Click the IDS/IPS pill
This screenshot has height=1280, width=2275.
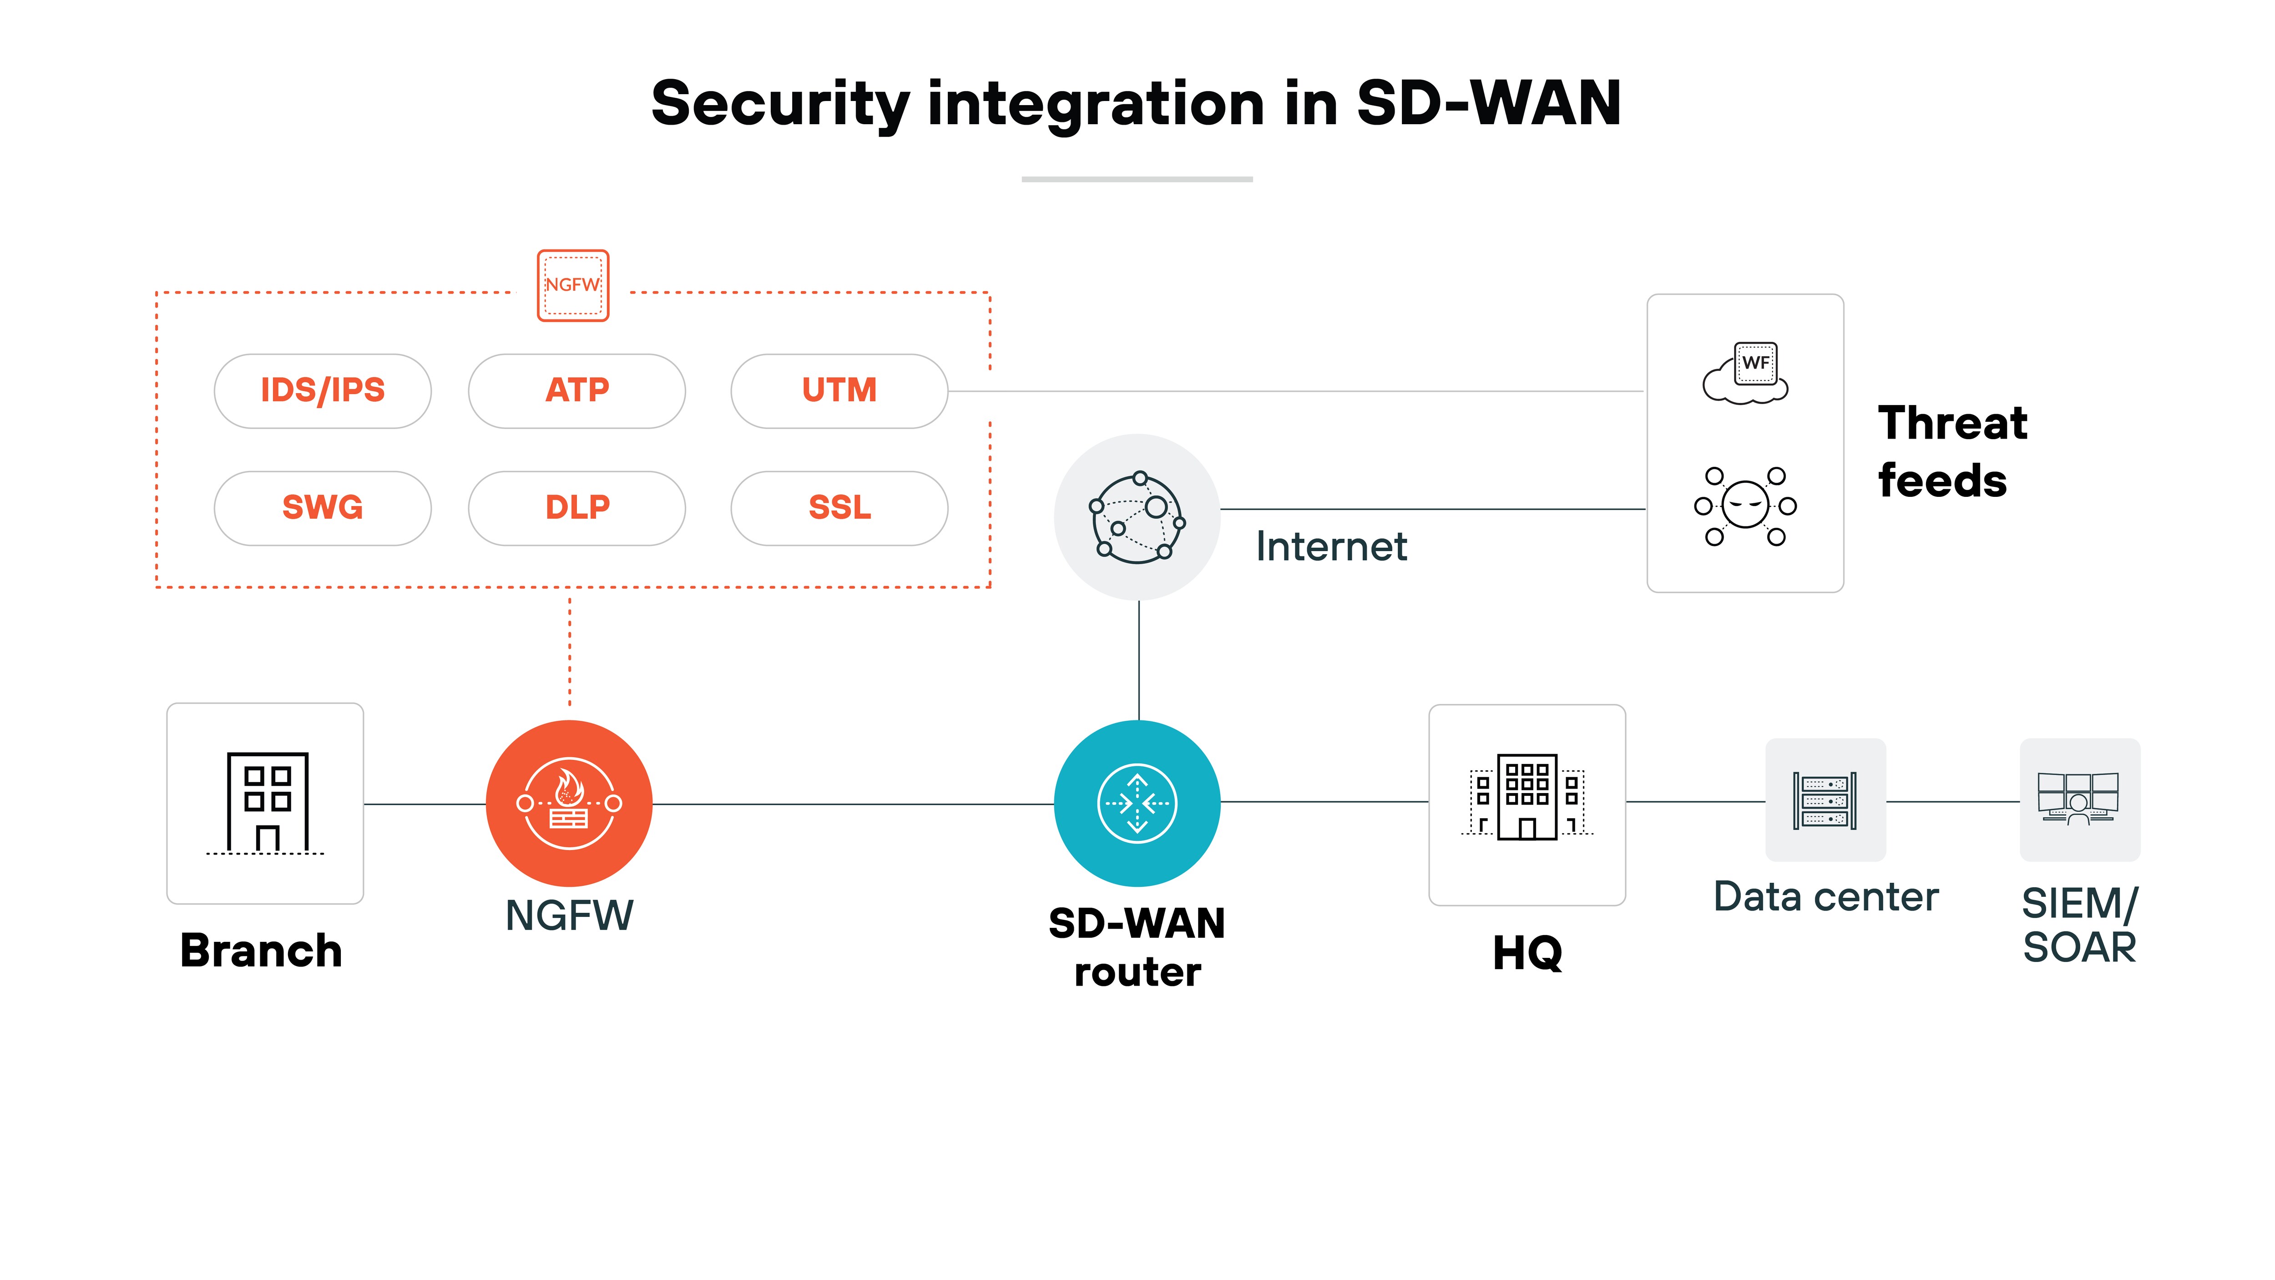click(x=322, y=390)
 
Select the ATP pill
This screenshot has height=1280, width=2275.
click(x=576, y=390)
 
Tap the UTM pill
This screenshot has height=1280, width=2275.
click(x=839, y=390)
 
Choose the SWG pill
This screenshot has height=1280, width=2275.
click(x=322, y=508)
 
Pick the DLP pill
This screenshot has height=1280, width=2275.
click(x=576, y=508)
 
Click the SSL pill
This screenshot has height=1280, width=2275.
click(x=839, y=508)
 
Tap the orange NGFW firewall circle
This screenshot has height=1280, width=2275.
click(x=569, y=803)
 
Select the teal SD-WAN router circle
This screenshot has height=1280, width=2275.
click(x=1137, y=803)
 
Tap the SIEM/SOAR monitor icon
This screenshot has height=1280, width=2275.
click(x=2079, y=799)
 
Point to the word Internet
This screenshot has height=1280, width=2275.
click(x=1331, y=547)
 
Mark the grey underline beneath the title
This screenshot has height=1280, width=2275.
click(x=1137, y=179)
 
